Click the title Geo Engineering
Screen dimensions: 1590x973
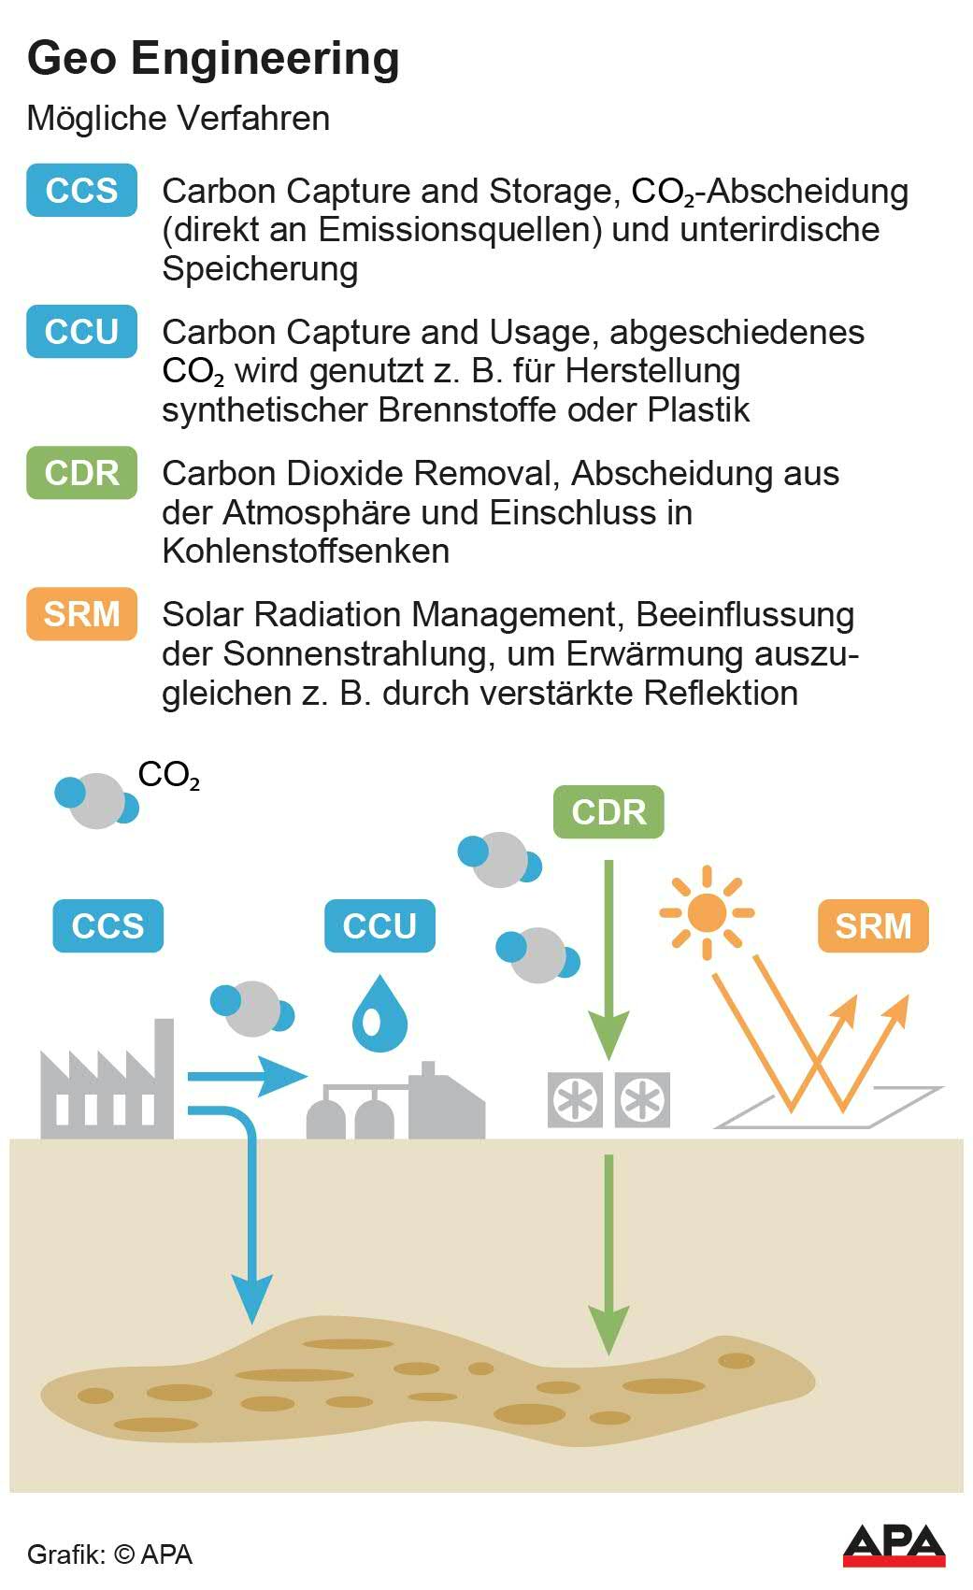coord(213,58)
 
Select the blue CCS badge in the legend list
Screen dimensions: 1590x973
coord(81,191)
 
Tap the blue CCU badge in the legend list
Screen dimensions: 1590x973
coord(81,332)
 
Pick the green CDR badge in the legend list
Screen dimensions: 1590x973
coord(81,473)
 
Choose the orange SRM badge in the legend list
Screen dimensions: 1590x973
coord(81,614)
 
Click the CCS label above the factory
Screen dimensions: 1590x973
coord(107,925)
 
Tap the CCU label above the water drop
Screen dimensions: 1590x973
coord(379,925)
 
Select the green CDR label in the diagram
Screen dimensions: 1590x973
coord(608,811)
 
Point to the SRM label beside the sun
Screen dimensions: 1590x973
coord(873,925)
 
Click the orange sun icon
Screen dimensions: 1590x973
coord(707,912)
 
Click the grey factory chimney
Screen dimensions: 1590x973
coord(164,1075)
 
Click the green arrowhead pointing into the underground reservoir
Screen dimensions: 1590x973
coord(608,1327)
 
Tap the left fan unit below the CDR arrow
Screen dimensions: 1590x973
coord(574,1099)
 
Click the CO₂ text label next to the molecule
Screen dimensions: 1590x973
coord(168,776)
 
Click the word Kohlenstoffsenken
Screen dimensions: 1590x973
coord(306,551)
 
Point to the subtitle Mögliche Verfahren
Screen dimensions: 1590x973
coord(179,119)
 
